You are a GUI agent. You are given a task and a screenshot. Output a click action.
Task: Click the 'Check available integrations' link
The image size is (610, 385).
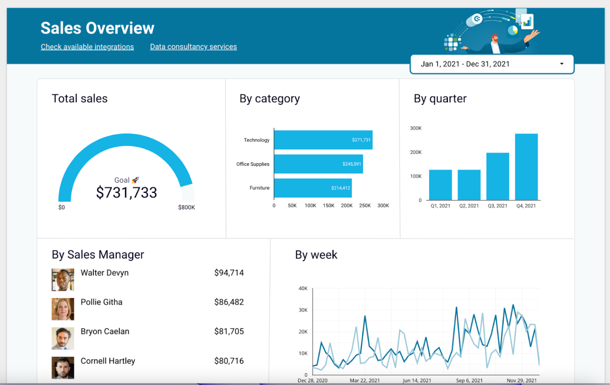pyautogui.click(x=87, y=47)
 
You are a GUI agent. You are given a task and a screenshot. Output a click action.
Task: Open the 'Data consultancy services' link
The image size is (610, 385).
pyautogui.click(x=193, y=47)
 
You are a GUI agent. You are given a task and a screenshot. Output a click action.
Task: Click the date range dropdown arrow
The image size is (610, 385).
pyautogui.click(x=562, y=64)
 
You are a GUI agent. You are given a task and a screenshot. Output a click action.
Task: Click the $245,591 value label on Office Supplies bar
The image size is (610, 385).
pyautogui.click(x=351, y=164)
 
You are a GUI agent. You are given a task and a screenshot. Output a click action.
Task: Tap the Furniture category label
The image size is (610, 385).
pyautogui.click(x=259, y=188)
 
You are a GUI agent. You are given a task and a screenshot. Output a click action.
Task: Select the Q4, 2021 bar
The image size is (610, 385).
pyautogui.click(x=526, y=167)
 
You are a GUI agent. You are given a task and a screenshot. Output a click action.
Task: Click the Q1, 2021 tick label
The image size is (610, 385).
pyautogui.click(x=440, y=206)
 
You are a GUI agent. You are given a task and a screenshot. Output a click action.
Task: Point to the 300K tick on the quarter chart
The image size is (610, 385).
pyautogui.click(x=415, y=128)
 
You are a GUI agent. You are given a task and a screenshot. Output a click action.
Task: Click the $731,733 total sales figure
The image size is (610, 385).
pyautogui.click(x=126, y=193)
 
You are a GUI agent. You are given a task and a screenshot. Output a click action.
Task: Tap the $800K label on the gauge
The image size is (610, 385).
pyautogui.click(x=186, y=208)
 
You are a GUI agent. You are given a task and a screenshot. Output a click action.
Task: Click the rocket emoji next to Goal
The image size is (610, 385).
pyautogui.click(x=135, y=180)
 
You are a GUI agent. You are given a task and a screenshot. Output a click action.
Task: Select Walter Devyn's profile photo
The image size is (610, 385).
pyautogui.click(x=63, y=280)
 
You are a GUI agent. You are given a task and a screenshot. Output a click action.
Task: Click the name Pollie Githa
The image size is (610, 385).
pyautogui.click(x=101, y=302)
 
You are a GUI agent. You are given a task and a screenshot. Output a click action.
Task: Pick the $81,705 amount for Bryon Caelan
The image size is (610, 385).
pyautogui.click(x=229, y=331)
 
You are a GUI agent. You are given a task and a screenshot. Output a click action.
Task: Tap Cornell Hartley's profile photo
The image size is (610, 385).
pyautogui.click(x=63, y=368)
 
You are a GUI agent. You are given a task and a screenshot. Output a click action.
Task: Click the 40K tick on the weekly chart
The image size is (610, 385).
pyautogui.click(x=303, y=289)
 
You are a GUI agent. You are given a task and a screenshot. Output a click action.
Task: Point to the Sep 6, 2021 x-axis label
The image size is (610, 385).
pyautogui.click(x=469, y=380)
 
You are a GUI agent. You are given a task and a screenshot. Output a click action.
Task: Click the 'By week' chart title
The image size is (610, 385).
pyautogui.click(x=316, y=255)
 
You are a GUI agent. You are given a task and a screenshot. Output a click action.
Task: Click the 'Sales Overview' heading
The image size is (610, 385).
pyautogui.click(x=97, y=28)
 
